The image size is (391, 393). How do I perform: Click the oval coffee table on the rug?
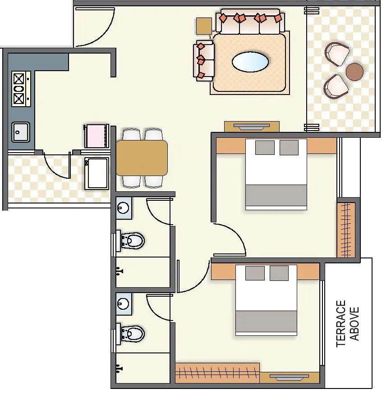click(249, 62)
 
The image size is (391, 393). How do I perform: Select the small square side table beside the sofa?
click(204, 26)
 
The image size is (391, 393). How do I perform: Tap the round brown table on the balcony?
click(354, 72)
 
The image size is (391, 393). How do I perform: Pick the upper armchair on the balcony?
click(337, 54)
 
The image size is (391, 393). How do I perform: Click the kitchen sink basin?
click(20, 132)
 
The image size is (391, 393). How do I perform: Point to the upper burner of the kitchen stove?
click(19, 79)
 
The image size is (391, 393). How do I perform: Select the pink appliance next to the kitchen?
click(96, 136)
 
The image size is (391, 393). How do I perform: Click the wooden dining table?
click(142, 158)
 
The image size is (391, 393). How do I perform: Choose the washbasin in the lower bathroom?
click(123, 302)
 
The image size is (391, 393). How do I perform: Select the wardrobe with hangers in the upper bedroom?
click(346, 230)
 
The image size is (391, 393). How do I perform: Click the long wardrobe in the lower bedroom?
click(217, 373)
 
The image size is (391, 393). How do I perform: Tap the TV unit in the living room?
click(252, 126)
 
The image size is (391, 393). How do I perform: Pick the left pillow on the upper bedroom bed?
click(265, 147)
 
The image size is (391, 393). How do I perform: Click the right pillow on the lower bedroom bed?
click(279, 273)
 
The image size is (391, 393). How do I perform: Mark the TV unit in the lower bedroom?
click(289, 377)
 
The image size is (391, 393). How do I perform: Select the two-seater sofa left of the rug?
click(204, 60)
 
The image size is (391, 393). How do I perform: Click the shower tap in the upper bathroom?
click(119, 271)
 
